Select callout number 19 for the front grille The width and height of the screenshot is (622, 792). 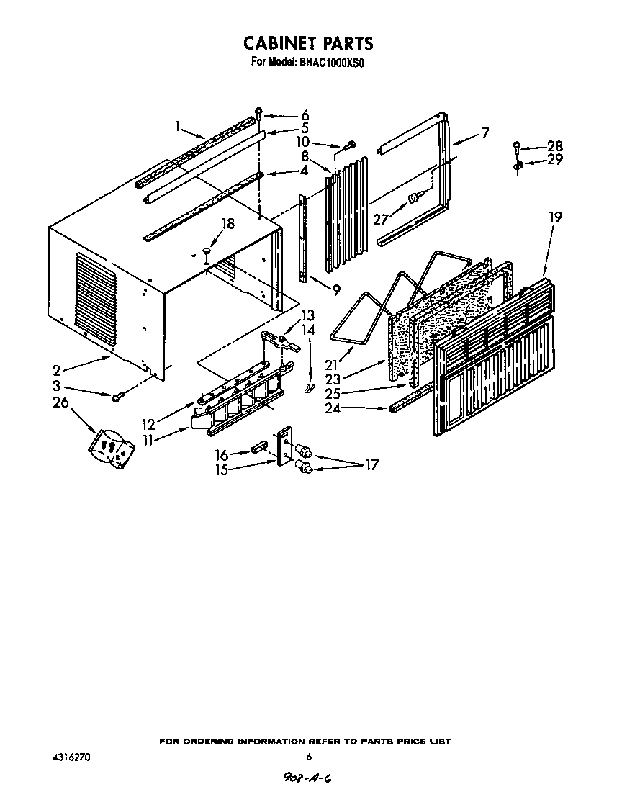tap(554, 217)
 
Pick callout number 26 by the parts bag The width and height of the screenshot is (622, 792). tap(60, 402)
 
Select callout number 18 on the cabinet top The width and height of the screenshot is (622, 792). tap(228, 224)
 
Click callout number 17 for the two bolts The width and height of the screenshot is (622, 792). tap(371, 465)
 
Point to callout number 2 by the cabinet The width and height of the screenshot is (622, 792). tap(56, 371)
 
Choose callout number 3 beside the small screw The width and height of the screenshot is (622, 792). tap(56, 387)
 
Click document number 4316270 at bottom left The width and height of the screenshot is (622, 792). tap(71, 757)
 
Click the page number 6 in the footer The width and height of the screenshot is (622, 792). tap(308, 757)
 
